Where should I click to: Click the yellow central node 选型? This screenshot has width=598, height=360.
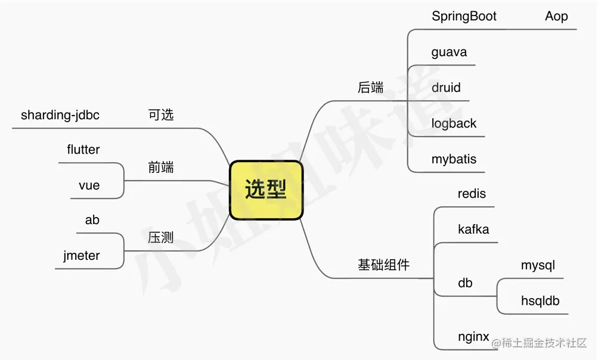pyautogui.click(x=266, y=190)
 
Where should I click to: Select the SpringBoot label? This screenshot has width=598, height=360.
pyautogui.click(x=464, y=16)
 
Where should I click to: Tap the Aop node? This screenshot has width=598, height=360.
pyautogui.click(x=556, y=16)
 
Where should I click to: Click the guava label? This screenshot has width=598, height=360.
pyautogui.click(x=448, y=52)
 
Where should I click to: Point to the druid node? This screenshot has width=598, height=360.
pyautogui.click(x=446, y=88)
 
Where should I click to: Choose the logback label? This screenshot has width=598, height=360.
pyautogui.click(x=454, y=123)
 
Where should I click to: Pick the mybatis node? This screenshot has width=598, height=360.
pyautogui.click(x=454, y=159)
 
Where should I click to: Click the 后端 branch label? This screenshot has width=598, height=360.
pyautogui.click(x=370, y=88)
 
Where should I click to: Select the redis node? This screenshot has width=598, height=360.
pyautogui.click(x=472, y=194)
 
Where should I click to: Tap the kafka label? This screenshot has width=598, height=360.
pyautogui.click(x=473, y=229)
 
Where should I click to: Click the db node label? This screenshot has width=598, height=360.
pyautogui.click(x=465, y=283)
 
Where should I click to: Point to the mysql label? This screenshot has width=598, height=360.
pyautogui.click(x=538, y=265)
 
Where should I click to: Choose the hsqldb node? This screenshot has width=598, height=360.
pyautogui.click(x=540, y=301)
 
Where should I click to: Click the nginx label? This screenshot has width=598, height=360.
pyautogui.click(x=473, y=337)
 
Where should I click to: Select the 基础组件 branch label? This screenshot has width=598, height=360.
pyautogui.click(x=383, y=265)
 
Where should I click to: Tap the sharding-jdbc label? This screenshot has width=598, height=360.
pyautogui.click(x=60, y=115)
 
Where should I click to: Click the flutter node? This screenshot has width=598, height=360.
pyautogui.click(x=83, y=150)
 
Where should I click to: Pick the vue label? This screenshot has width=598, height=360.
pyautogui.click(x=89, y=185)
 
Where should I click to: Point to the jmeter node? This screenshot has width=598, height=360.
pyautogui.click(x=82, y=256)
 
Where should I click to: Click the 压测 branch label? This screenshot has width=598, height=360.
pyautogui.click(x=161, y=238)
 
